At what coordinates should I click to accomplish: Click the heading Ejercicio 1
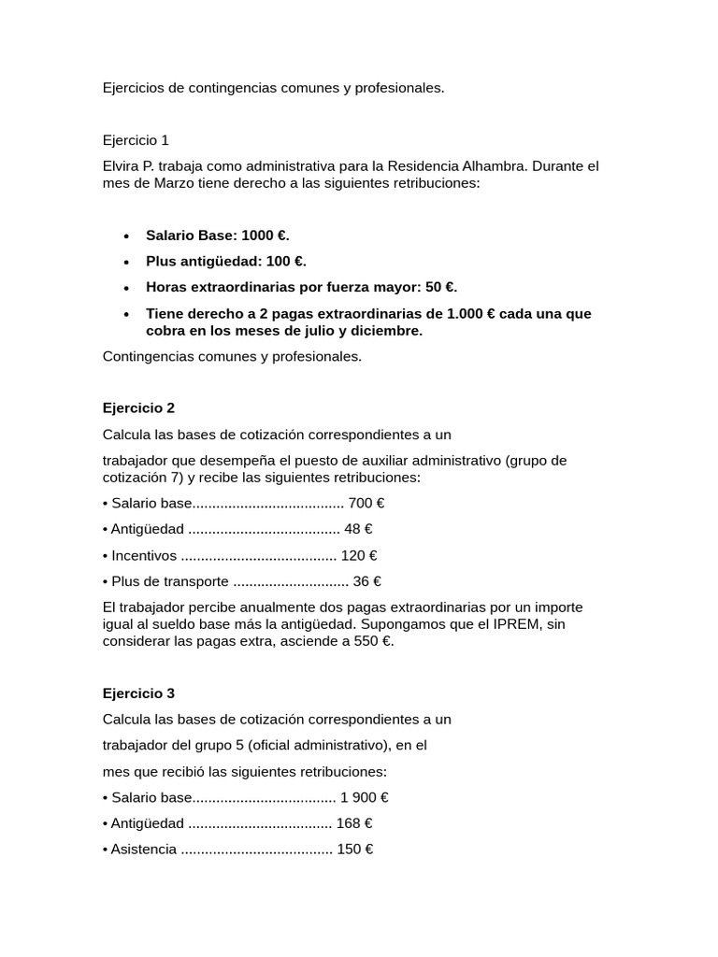(136, 140)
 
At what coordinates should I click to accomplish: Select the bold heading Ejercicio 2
(138, 407)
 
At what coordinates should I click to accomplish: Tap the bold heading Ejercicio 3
(138, 693)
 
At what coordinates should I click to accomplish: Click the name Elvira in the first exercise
(122, 166)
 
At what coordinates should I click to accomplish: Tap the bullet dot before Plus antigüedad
(126, 262)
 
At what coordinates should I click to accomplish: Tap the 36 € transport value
(366, 581)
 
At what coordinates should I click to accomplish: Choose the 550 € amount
(374, 641)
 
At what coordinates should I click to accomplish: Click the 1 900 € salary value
(364, 797)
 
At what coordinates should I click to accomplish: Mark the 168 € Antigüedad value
(354, 823)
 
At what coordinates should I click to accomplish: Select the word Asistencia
(143, 850)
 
